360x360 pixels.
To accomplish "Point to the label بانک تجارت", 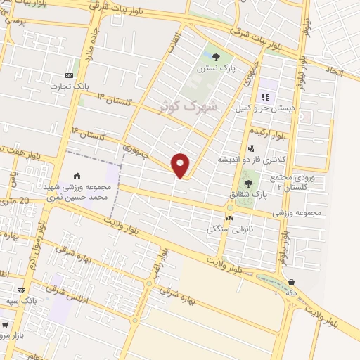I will pyautogui.click(x=65, y=86).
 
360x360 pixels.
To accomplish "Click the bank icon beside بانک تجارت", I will pyautogui.click(x=69, y=75).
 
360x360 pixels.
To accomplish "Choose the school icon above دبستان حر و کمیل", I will pyautogui.click(x=266, y=97).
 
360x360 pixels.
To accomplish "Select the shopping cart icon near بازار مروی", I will pyautogui.click(x=6, y=325).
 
